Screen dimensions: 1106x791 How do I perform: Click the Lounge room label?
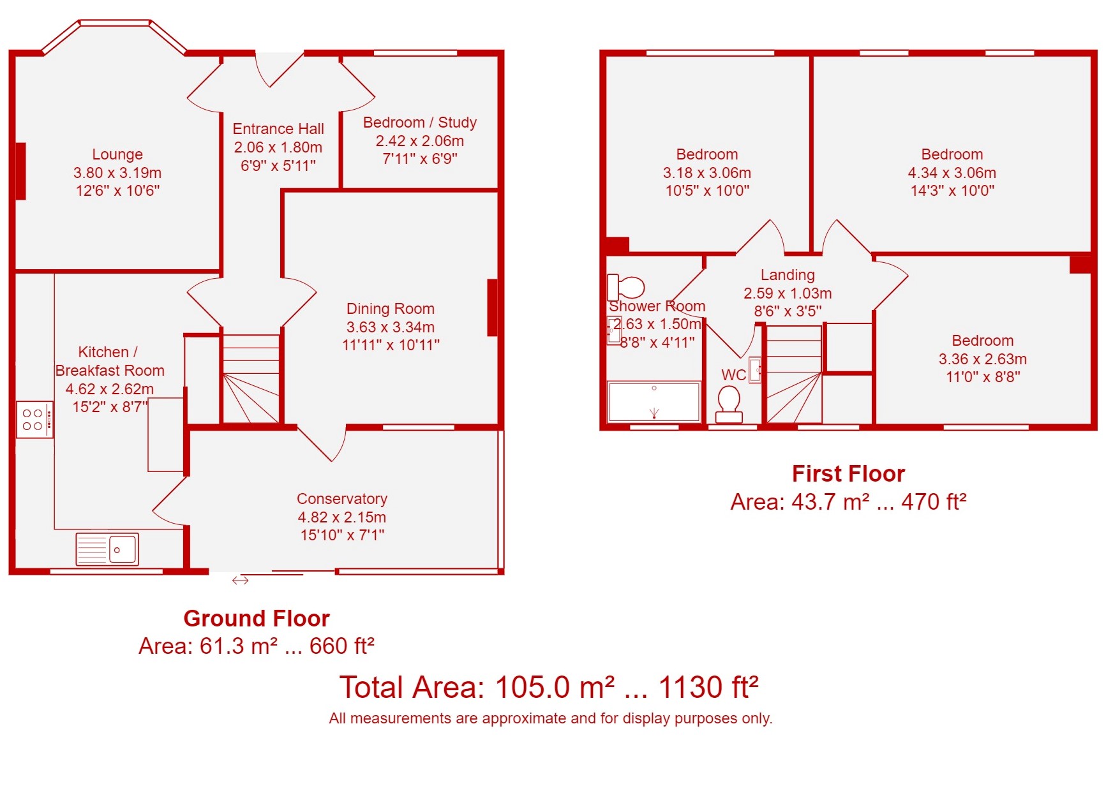pos(117,154)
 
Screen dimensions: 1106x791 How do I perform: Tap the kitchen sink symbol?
pos(107,549)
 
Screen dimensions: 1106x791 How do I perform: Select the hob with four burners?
pos(34,419)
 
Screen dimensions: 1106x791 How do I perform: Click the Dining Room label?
pos(391,309)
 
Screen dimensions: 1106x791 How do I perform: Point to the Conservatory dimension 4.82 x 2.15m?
pos(342,517)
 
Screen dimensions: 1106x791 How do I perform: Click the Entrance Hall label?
pos(278,129)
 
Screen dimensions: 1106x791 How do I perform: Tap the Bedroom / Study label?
pos(420,122)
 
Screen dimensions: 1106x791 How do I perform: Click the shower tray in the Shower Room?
pos(654,402)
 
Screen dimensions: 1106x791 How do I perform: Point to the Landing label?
pos(788,275)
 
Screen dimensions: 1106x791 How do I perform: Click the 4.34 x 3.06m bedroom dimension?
pos(952,173)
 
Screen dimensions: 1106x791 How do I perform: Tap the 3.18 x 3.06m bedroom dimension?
pos(707,173)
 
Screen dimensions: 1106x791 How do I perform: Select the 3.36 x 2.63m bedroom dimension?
pos(983,359)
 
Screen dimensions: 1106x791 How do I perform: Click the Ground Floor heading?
pos(257,618)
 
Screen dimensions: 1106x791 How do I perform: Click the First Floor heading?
pos(849,474)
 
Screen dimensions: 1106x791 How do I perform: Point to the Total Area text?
pos(549,688)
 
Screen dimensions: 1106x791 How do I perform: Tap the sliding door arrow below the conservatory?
pos(241,580)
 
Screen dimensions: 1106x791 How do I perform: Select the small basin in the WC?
pos(755,370)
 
